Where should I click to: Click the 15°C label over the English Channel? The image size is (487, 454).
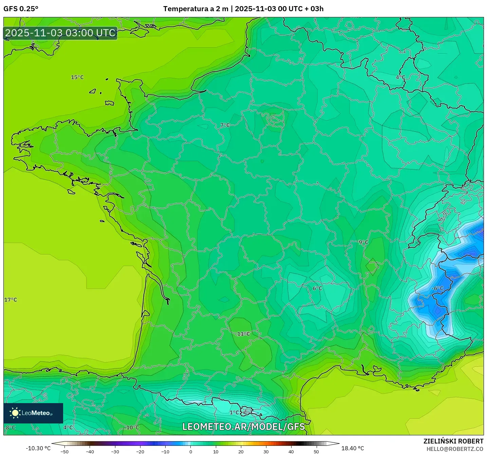point(77,77)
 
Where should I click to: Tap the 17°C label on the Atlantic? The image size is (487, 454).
point(11,300)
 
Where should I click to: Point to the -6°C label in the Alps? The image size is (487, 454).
point(437,288)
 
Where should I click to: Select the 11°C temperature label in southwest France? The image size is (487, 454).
point(243,334)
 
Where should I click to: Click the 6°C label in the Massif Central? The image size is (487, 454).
point(317,288)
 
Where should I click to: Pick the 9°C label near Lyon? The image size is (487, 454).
point(363,242)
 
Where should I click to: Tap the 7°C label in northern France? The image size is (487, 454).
point(225,125)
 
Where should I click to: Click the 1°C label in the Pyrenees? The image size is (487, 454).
point(234,413)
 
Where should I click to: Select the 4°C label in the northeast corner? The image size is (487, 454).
point(400,77)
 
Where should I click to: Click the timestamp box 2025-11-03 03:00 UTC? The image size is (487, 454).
point(60,33)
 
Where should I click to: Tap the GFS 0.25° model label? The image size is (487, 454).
point(21,9)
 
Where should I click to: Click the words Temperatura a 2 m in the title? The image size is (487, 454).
point(196,9)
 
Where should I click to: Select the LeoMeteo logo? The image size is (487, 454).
point(33,413)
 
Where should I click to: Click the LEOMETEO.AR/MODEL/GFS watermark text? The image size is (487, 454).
point(243,427)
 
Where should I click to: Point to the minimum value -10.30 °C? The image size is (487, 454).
point(38,448)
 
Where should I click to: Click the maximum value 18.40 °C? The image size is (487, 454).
point(353,448)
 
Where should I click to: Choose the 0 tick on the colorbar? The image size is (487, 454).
point(191,452)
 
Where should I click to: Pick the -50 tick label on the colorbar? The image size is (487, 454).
point(64,452)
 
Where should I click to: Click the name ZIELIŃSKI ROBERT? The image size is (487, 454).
point(453,441)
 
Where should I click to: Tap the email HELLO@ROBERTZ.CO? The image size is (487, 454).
point(455,449)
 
